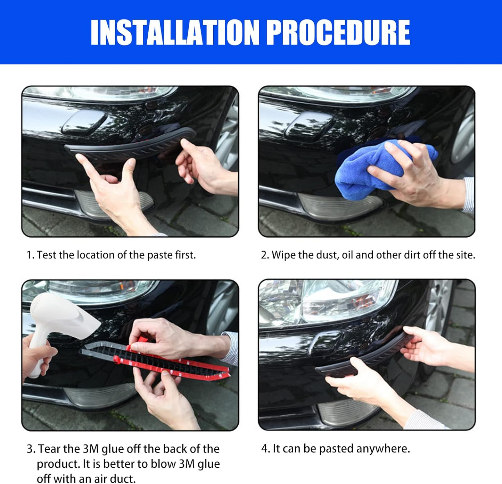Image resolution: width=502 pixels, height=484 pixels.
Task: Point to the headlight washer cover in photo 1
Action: (83, 123)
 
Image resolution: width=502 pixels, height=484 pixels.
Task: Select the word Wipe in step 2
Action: (283, 255)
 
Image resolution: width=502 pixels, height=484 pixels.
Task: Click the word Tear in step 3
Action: (50, 449)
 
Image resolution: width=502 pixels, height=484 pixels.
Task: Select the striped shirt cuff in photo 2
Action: (469, 194)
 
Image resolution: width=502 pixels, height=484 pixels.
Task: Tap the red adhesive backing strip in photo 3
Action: (181, 368)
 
